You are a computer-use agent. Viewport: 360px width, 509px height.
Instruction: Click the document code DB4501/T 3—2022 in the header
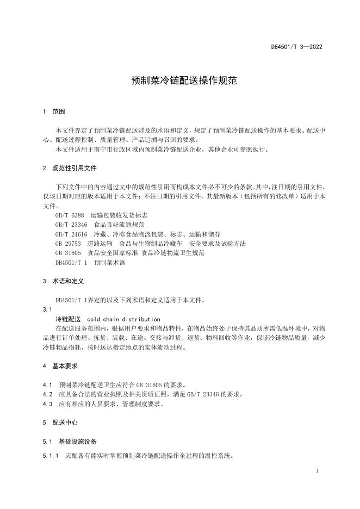point(296,47)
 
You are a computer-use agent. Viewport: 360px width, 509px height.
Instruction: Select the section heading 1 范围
point(54,111)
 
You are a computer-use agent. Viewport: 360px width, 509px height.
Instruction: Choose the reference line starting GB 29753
point(150,243)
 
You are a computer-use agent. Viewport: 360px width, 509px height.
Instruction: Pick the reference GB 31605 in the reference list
point(129,253)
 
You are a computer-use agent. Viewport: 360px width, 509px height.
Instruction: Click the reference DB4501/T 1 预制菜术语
point(90,263)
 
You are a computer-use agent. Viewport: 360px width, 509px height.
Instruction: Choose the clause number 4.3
point(47,404)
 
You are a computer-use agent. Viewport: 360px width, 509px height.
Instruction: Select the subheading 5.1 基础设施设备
point(70,441)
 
